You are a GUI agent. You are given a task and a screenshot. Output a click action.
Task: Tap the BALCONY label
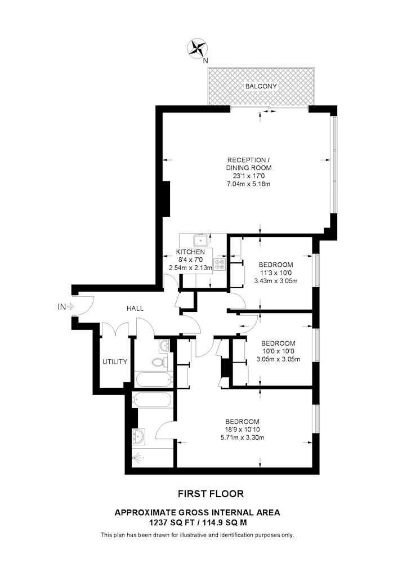tap(261, 86)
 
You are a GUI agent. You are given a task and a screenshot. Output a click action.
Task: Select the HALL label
tap(135, 308)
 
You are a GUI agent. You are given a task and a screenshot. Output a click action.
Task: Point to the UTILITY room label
tap(115, 361)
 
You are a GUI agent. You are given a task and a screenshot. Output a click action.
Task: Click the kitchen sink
tap(199, 239)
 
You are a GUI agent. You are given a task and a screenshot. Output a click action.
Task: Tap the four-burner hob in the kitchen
tap(220, 264)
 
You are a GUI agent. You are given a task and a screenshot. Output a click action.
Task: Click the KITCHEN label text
tap(190, 252)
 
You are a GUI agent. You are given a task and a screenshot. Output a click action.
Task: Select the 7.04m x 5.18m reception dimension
tap(248, 184)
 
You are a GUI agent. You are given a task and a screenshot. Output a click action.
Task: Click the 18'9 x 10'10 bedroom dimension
tap(242, 430)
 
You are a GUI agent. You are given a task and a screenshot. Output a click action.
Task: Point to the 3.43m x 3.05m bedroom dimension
tap(276, 281)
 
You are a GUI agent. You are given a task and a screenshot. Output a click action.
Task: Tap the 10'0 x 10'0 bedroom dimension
tap(278, 351)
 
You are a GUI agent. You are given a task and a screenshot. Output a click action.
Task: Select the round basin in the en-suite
tap(138, 437)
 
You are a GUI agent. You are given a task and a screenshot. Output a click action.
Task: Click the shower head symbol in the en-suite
tap(138, 458)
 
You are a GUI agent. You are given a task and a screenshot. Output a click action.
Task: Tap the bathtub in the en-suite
tap(153, 400)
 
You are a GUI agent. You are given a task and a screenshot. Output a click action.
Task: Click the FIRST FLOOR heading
tap(211, 494)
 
